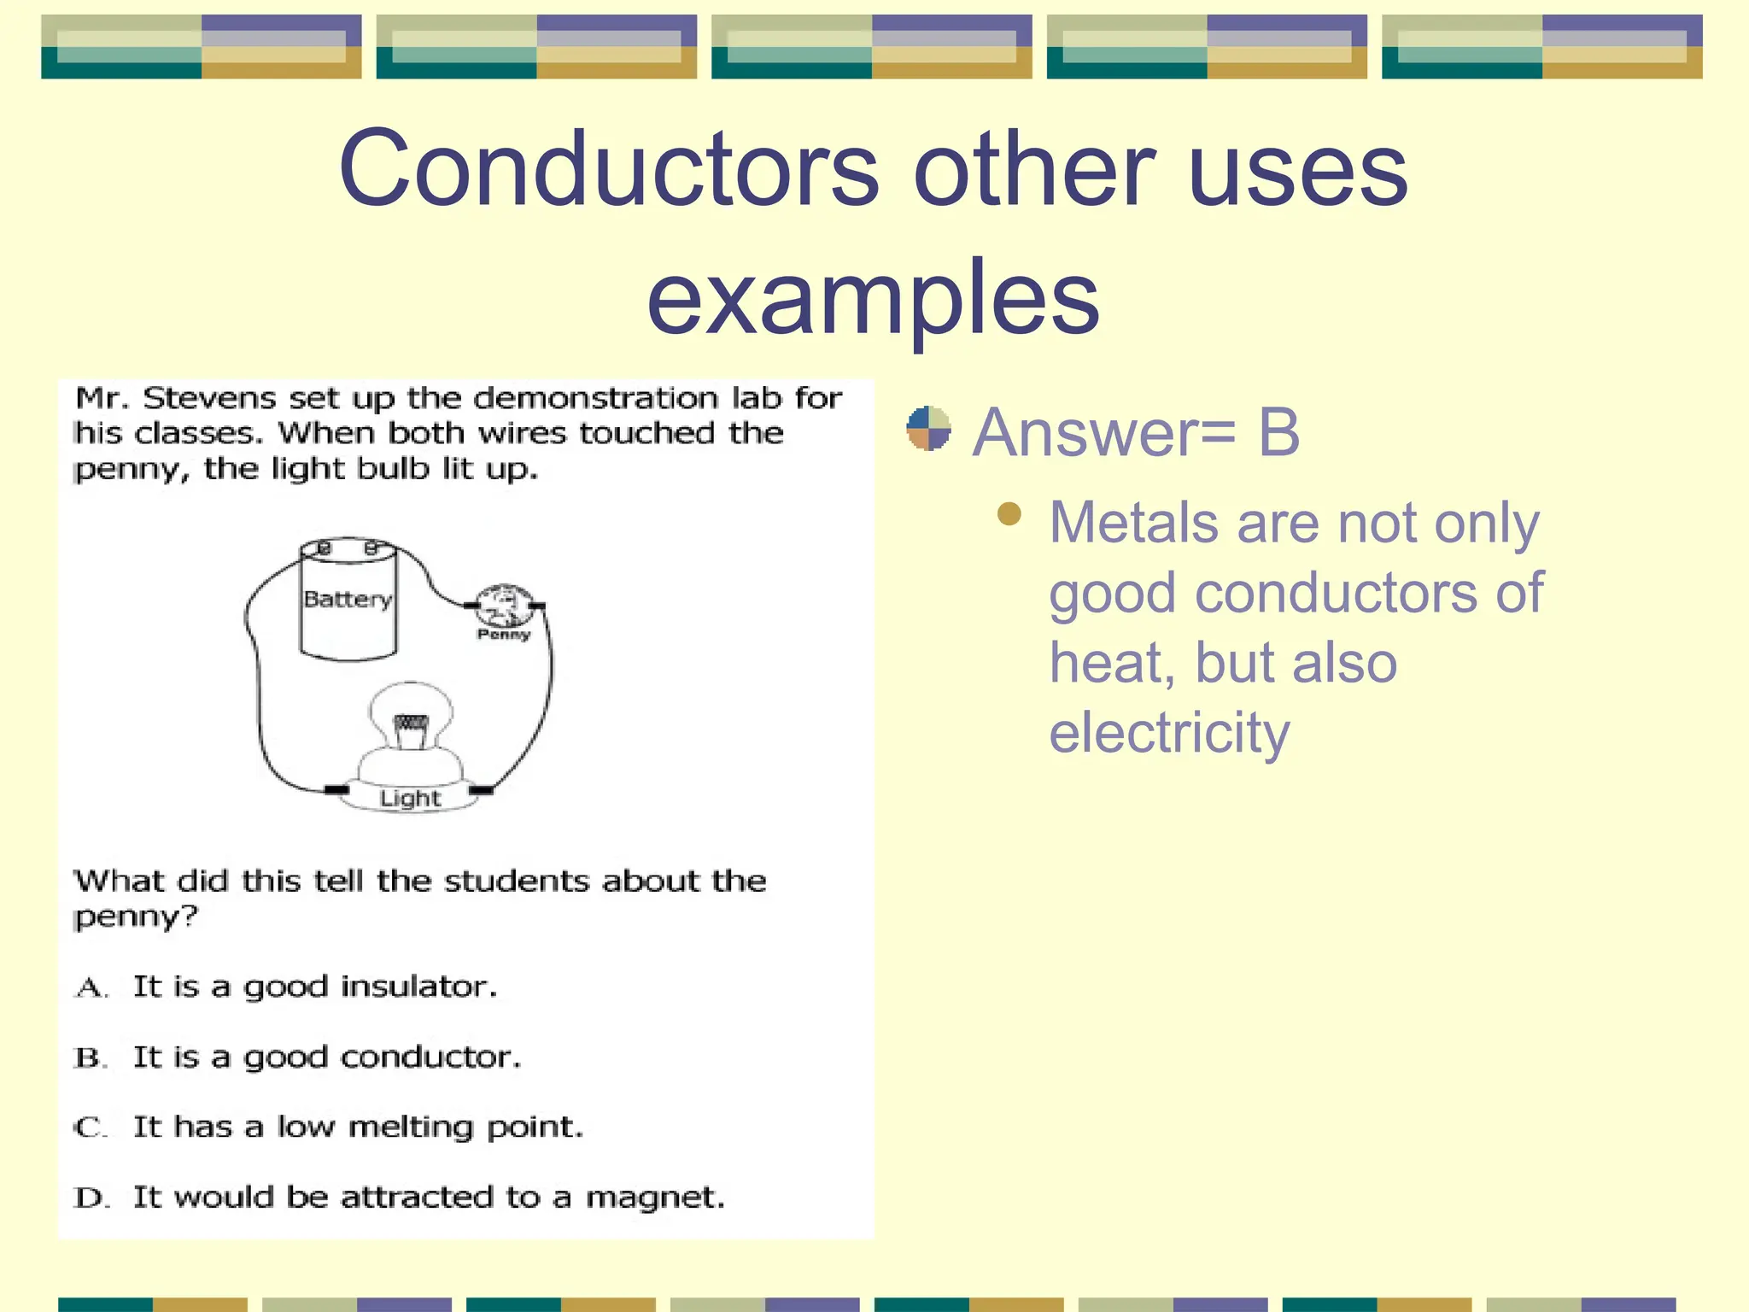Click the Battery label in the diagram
(x=347, y=599)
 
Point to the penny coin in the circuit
(x=504, y=605)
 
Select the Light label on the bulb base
(x=410, y=799)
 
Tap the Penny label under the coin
(x=504, y=635)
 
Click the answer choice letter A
(x=90, y=988)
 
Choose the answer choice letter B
(x=90, y=1058)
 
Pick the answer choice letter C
(x=90, y=1128)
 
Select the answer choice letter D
(x=90, y=1198)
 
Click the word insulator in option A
(x=418, y=987)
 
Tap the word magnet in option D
(x=654, y=1198)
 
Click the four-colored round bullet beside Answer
(x=928, y=429)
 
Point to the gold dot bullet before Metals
(x=1009, y=513)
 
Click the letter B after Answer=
(x=1278, y=432)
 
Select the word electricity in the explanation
(x=1168, y=733)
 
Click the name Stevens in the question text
(x=209, y=398)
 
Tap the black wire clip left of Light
(x=336, y=789)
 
